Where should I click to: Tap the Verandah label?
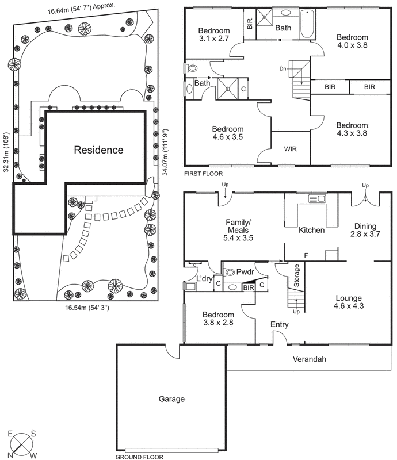click(305, 359)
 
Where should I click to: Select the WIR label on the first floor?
click(291, 148)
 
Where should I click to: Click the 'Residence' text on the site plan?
click(98, 150)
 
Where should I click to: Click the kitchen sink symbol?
click(317, 199)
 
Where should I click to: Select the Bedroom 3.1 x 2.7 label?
click(214, 36)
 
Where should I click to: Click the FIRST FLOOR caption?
click(203, 173)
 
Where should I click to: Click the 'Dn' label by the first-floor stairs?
click(283, 68)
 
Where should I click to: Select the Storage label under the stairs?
click(297, 276)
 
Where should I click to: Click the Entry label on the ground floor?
click(280, 325)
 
